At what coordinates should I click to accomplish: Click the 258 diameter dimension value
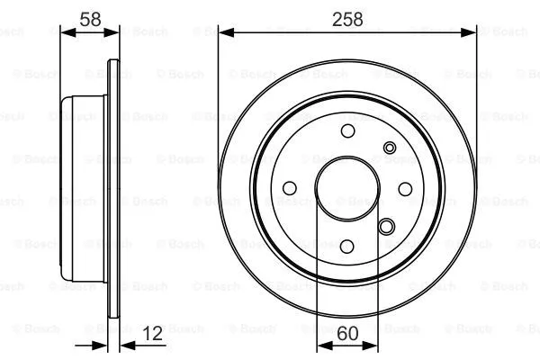point(346,18)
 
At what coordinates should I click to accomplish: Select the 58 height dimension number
point(90,17)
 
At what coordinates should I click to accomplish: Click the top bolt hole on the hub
point(347,132)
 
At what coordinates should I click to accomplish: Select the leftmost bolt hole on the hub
point(290,188)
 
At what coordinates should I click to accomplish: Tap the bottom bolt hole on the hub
point(347,245)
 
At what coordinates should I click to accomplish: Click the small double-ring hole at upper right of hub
point(390,148)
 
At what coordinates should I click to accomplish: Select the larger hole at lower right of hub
point(387,227)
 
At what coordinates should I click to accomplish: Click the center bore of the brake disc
point(346,188)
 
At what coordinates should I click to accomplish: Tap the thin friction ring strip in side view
point(113,189)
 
